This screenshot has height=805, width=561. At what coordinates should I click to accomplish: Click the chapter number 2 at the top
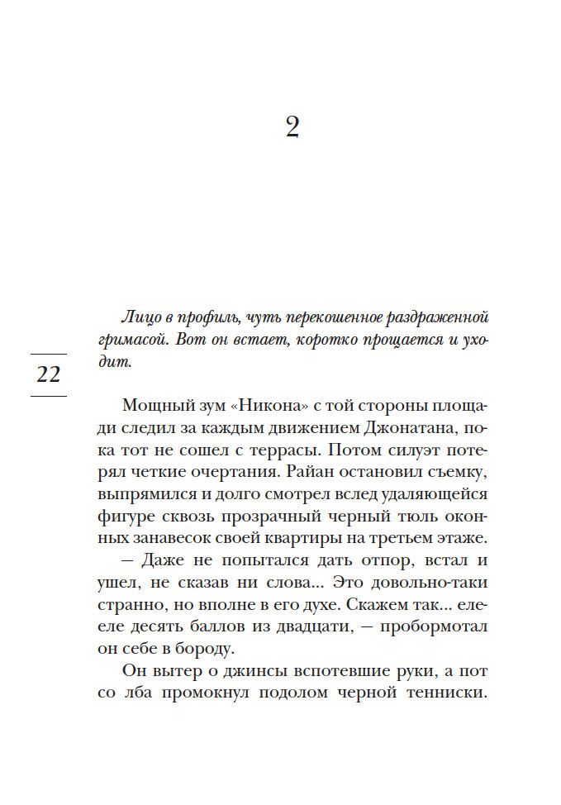click(292, 128)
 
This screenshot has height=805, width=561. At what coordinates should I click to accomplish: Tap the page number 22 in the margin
click(49, 374)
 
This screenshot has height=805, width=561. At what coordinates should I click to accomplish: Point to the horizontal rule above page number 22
click(49, 354)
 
